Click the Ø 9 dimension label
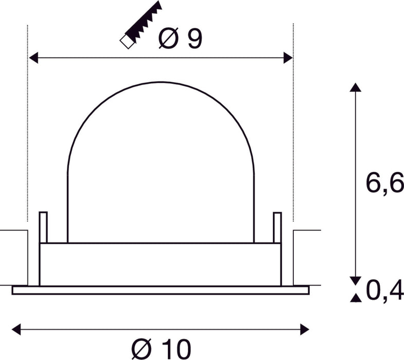click(x=180, y=39)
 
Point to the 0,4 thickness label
click(x=384, y=292)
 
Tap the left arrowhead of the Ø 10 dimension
click(x=16, y=327)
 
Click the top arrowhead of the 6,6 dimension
click(x=354, y=87)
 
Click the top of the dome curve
click(x=161, y=81)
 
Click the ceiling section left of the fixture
click(x=14, y=257)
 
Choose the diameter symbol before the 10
click(x=140, y=349)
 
